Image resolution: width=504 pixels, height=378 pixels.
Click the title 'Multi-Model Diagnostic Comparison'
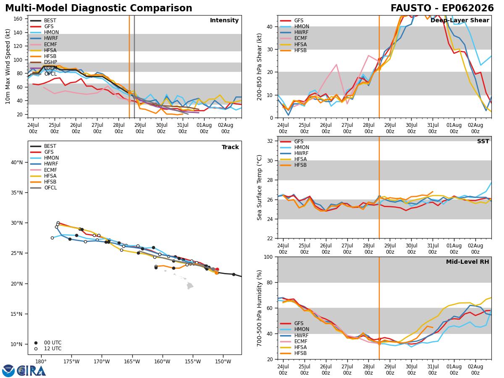click(99, 8)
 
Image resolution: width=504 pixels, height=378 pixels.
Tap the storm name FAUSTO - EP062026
click(442, 8)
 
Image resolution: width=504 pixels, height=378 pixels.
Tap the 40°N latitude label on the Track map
click(17, 163)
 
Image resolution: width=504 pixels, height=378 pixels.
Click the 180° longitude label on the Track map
click(41, 362)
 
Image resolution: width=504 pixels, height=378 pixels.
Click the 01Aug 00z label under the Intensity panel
click(204, 128)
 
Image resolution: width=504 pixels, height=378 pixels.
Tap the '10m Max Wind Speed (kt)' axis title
click(8, 66)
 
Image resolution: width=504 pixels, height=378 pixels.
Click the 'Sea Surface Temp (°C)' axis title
click(259, 187)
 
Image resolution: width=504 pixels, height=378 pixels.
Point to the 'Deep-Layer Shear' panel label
click(459, 21)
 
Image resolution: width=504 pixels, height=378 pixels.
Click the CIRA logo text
click(31, 371)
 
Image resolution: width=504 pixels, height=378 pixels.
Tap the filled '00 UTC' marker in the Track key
click(36, 343)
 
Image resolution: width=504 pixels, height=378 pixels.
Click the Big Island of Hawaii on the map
click(190, 286)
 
